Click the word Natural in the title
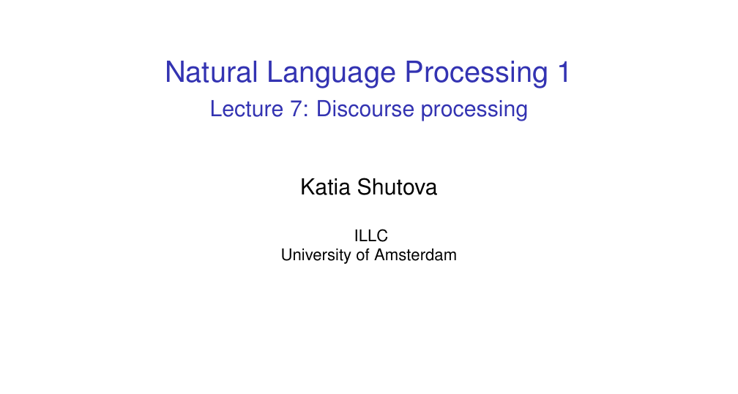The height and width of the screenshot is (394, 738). click(x=211, y=72)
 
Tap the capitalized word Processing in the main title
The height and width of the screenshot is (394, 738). click(x=476, y=75)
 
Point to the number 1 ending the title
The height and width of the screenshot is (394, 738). click(x=564, y=72)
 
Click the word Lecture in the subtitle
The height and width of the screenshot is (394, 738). click(x=246, y=109)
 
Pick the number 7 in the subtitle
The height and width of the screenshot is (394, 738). click(x=296, y=109)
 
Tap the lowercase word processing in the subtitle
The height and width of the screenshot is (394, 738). click(x=474, y=111)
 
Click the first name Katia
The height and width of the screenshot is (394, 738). click(x=325, y=187)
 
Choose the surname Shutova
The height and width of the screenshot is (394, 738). click(x=397, y=187)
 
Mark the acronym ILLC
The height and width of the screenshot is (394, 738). click(x=371, y=235)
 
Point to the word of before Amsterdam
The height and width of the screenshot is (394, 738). click(x=363, y=255)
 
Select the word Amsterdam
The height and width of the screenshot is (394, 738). click(x=416, y=255)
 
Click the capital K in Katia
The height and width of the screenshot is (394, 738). click(x=308, y=187)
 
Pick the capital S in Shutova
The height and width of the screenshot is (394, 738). click(x=365, y=187)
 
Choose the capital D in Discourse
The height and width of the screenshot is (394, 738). click(x=324, y=109)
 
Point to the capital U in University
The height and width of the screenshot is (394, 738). click(x=287, y=255)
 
